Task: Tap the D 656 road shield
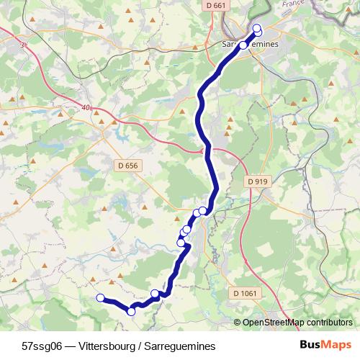click(x=127, y=166)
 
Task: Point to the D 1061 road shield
click(x=245, y=294)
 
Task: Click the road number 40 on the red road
click(x=86, y=108)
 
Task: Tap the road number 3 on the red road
click(x=23, y=45)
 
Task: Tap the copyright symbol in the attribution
click(x=238, y=323)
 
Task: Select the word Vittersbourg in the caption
click(x=108, y=346)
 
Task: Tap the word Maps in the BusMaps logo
click(x=336, y=345)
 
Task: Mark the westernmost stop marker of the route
click(x=100, y=298)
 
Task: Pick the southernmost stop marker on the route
click(x=131, y=311)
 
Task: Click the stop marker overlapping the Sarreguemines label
click(x=243, y=45)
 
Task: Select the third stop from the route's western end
click(x=155, y=293)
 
